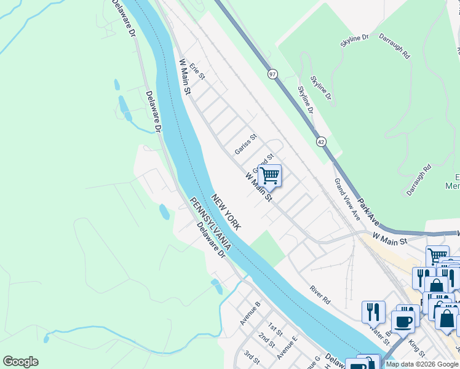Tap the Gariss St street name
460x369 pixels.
coord(245,145)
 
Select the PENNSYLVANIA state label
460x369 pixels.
coord(210,224)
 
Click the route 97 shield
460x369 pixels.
coord(272,74)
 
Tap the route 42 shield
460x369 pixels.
coord(321,141)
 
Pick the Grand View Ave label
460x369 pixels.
coord(347,199)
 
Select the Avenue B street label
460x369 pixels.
coord(250,313)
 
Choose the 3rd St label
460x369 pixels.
coord(251,356)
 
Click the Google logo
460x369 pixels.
coord(20,362)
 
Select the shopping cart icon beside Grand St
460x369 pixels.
coord(269,176)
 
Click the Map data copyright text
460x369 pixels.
coord(422,364)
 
